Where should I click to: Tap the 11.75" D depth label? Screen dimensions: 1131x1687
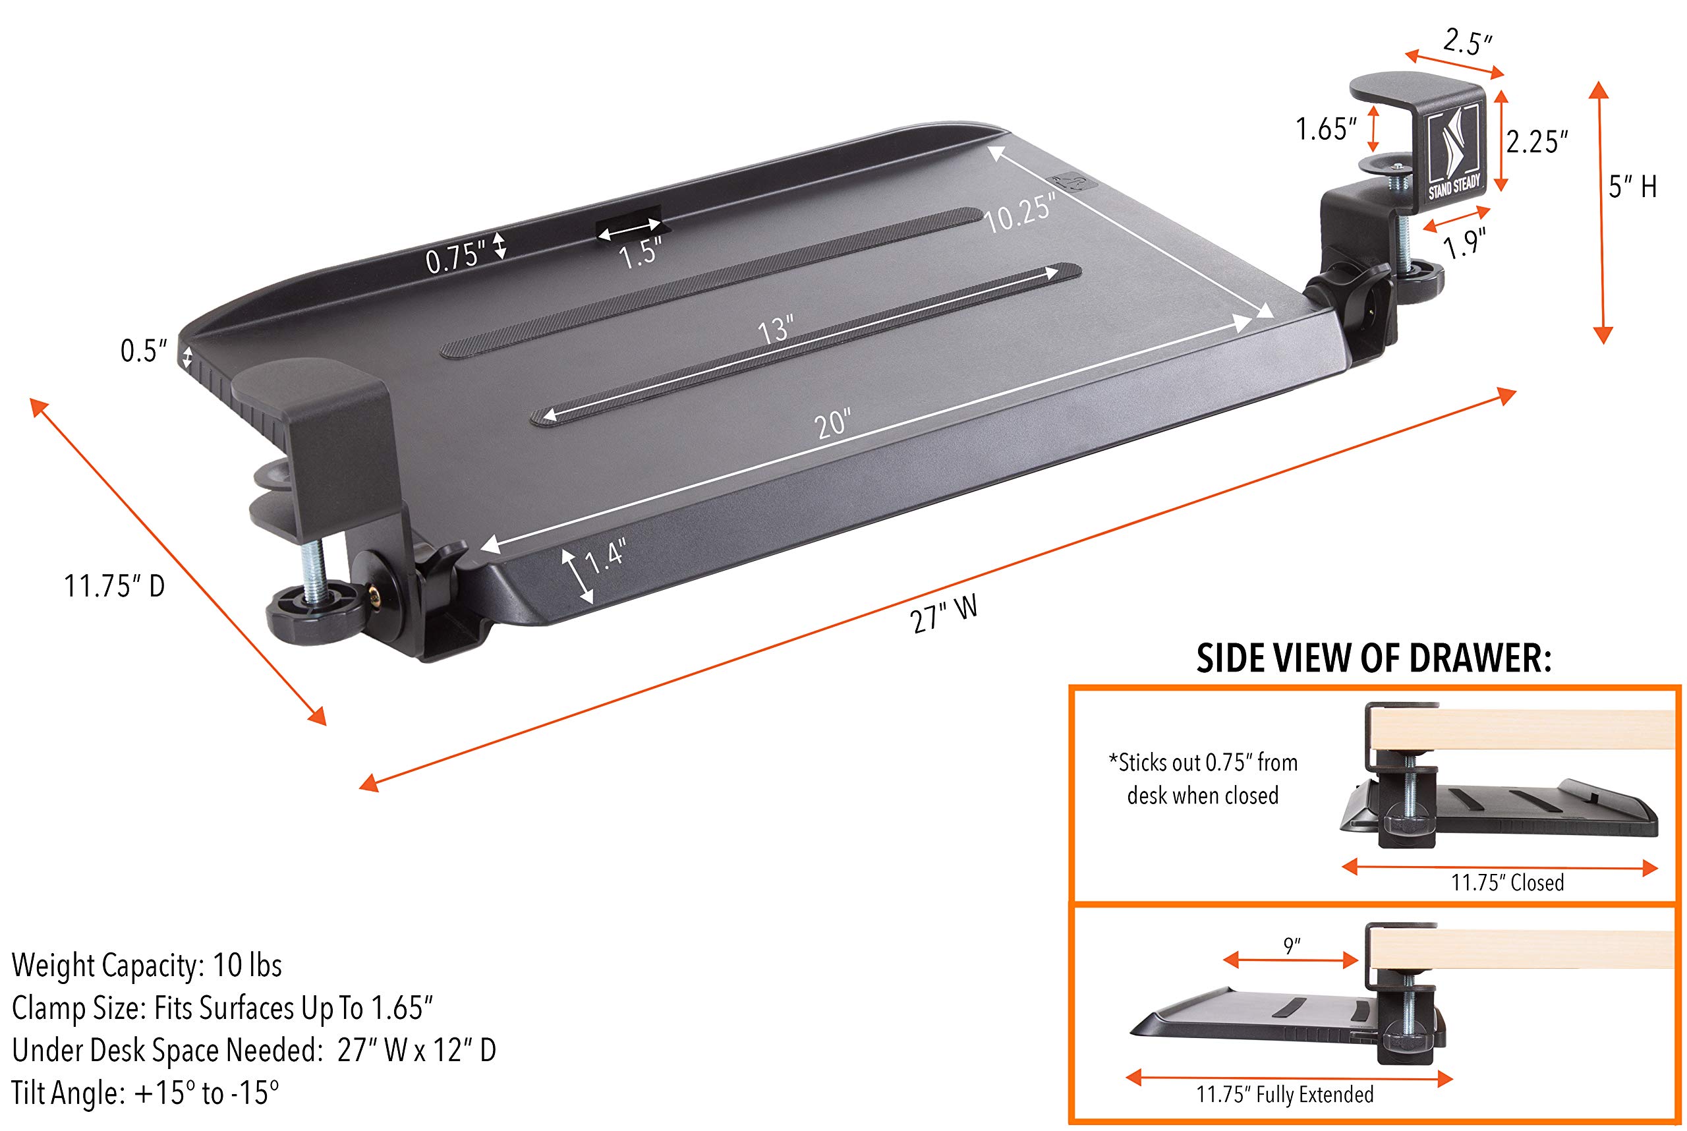pyautogui.click(x=115, y=586)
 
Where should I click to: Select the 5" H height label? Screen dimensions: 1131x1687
pyautogui.click(x=1632, y=187)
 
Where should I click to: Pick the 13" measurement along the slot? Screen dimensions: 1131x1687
pyautogui.click(x=776, y=330)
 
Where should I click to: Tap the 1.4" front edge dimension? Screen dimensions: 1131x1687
pyautogui.click(x=604, y=556)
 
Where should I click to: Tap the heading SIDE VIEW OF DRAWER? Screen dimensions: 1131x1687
pyautogui.click(x=1373, y=658)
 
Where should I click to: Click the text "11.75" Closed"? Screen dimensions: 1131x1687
pyautogui.click(x=1506, y=882)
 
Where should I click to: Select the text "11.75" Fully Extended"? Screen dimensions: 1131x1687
pyautogui.click(x=1284, y=1094)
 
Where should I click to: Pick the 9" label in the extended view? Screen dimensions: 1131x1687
pyautogui.click(x=1292, y=946)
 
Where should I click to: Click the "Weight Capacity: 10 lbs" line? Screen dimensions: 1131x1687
pyautogui.click(x=147, y=965)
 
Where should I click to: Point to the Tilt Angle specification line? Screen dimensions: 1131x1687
pyautogui.click(x=145, y=1093)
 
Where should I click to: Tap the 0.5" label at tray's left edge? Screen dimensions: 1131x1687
pyautogui.click(x=144, y=351)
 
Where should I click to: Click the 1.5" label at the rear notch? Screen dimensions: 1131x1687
pyautogui.click(x=640, y=253)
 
